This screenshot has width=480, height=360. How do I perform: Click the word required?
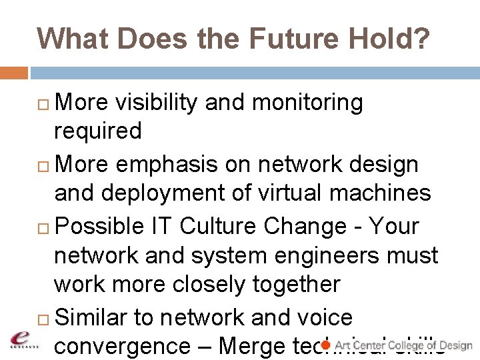pyautogui.click(x=97, y=131)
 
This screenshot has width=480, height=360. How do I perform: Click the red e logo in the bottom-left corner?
pyautogui.click(x=23, y=339)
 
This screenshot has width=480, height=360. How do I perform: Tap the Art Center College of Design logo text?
pyautogui.click(x=403, y=345)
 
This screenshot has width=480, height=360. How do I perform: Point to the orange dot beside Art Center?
pyautogui.click(x=326, y=345)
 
